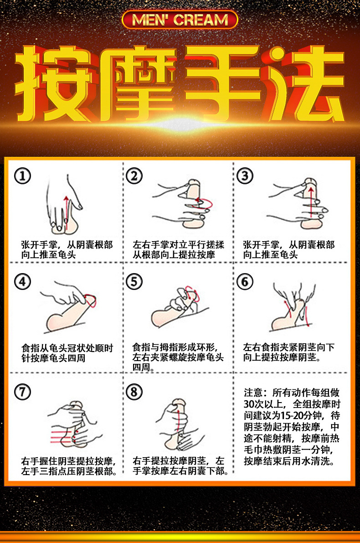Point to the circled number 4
(22, 282)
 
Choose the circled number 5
(134, 282)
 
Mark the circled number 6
(245, 282)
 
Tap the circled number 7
(22, 391)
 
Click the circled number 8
(134, 391)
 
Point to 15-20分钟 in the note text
(297, 415)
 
